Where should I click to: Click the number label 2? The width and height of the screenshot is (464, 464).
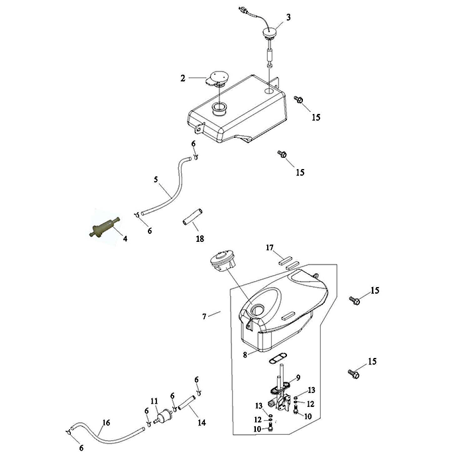(182, 78)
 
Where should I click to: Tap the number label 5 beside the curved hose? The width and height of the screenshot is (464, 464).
(156, 180)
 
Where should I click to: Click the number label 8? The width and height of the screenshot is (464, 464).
(245, 355)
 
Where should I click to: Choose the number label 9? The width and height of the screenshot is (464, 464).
(298, 378)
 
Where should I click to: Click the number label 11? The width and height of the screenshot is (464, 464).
(154, 401)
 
